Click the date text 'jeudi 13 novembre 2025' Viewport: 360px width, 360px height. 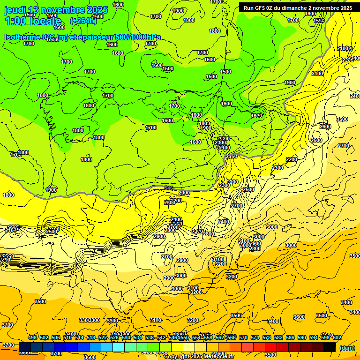coord(56,10)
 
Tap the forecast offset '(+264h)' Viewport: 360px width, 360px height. coord(83,21)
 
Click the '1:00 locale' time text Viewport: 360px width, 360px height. coord(33,21)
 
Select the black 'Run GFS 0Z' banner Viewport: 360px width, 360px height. coord(298,7)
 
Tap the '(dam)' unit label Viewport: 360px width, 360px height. coord(347,347)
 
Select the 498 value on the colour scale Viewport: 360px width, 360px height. coord(32,337)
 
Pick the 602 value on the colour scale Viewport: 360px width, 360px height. coord(337,337)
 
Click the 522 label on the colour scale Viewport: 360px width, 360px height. coord(103,337)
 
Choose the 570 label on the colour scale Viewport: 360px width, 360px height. coord(243,337)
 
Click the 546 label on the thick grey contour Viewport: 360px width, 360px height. coord(169,188)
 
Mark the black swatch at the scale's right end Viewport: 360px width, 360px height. coord(330,347)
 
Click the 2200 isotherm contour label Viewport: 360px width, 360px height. coord(292,160)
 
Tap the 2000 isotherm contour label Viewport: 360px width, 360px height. coord(184,193)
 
